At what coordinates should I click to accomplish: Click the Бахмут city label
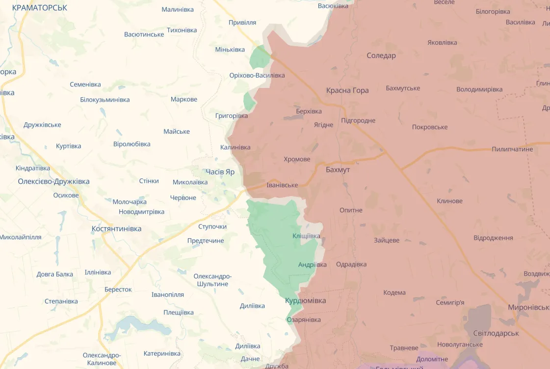[338, 170]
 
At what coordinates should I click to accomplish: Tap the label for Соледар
[381, 56]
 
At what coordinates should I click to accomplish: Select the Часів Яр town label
[220, 171]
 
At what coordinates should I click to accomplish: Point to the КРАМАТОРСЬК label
[39, 8]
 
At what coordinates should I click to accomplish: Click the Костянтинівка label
[116, 229]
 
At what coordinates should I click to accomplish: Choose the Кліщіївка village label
[306, 236]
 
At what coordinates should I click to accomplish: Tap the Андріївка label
[312, 265]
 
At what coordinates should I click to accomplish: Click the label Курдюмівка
[305, 300]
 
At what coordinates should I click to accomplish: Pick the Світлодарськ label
[496, 333]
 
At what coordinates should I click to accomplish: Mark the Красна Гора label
[347, 90]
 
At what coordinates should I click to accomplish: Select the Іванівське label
[282, 185]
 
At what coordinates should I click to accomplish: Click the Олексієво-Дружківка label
[53, 181]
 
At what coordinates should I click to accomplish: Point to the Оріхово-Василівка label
[257, 75]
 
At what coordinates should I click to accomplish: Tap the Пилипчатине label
[512, 149]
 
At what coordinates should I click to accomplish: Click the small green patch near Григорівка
[249, 102]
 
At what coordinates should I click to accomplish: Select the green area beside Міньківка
[260, 57]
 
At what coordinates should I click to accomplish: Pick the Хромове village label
[297, 160]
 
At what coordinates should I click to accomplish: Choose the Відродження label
[493, 238]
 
